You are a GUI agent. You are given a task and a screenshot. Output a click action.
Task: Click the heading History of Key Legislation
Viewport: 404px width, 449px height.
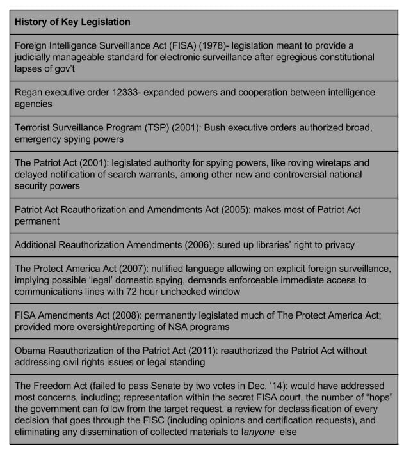(x=72, y=22)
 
